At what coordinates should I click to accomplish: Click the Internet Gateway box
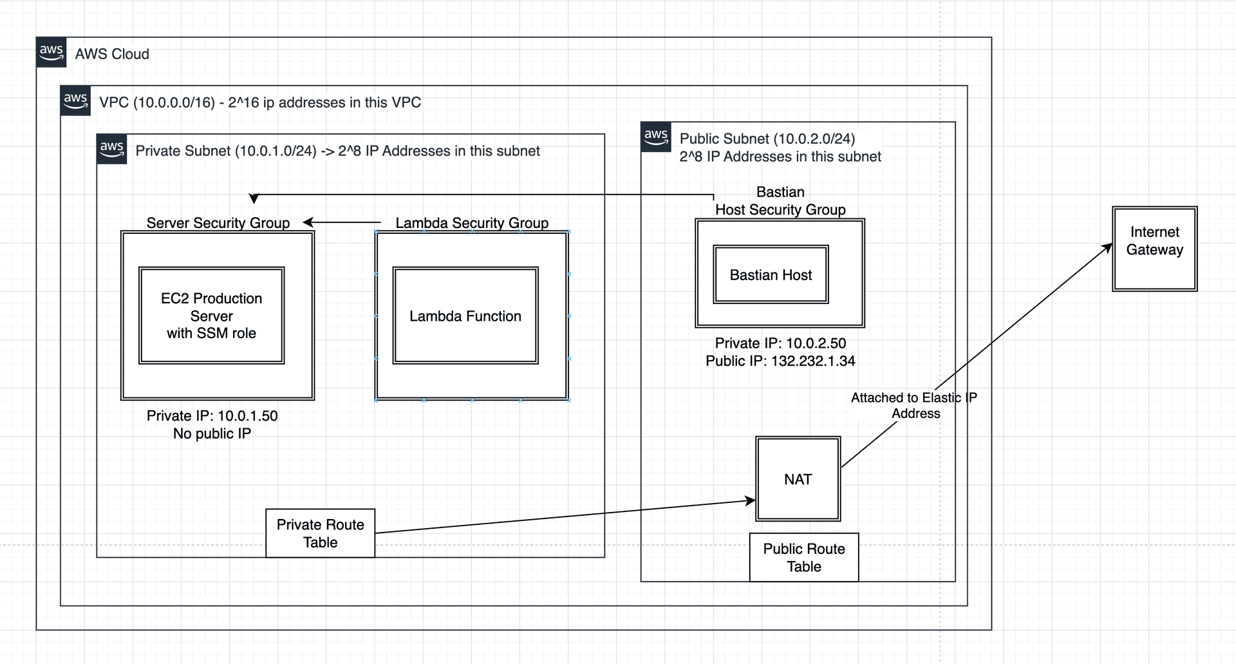point(1154,249)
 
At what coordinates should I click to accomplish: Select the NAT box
point(798,479)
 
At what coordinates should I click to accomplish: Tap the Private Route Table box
point(320,533)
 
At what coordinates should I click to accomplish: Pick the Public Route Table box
point(803,557)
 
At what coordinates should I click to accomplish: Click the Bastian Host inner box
point(771,275)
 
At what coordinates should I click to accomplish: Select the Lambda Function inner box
point(465,316)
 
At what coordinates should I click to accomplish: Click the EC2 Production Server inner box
point(211,316)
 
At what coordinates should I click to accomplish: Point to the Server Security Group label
point(218,223)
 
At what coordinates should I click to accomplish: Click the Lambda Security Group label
point(471,223)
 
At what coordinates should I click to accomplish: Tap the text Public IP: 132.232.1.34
point(780,361)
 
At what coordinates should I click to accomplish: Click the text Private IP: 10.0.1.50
point(212,415)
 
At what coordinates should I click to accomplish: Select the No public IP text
point(212,433)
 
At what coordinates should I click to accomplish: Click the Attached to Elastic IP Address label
point(914,405)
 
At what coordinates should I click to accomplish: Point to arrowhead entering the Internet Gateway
point(1108,247)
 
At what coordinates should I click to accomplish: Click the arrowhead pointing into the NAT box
point(750,500)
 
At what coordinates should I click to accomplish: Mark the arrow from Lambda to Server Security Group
point(341,222)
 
